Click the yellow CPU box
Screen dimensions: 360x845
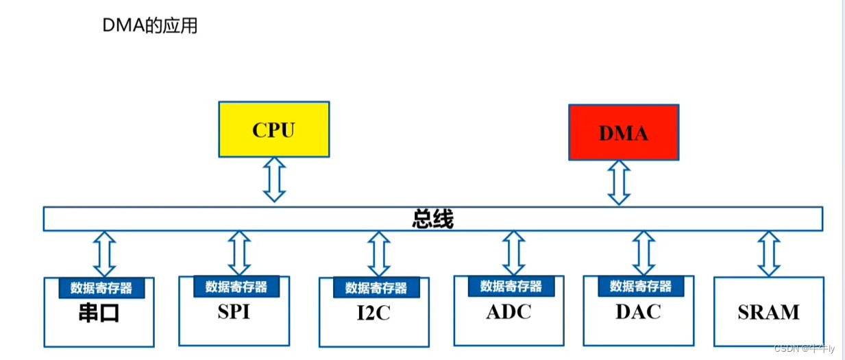pyautogui.click(x=273, y=130)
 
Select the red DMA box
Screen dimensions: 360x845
pyautogui.click(x=624, y=132)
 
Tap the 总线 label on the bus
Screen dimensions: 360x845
pyautogui.click(x=433, y=219)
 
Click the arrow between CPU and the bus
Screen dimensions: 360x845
pyautogui.click(x=274, y=179)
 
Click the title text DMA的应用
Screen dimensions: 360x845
pyautogui.click(x=149, y=26)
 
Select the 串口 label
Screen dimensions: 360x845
pyautogui.click(x=99, y=313)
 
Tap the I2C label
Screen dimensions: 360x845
pyautogui.click(x=373, y=313)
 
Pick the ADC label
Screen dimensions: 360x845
pyautogui.click(x=509, y=311)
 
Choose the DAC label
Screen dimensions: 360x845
pyautogui.click(x=638, y=311)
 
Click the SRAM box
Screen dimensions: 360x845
pyautogui.click(x=768, y=312)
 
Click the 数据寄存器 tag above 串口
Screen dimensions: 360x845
pyautogui.click(x=101, y=288)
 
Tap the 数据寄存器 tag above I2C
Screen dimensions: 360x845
pyautogui.click(x=376, y=287)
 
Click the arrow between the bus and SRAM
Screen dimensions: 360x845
pyautogui.click(x=769, y=253)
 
